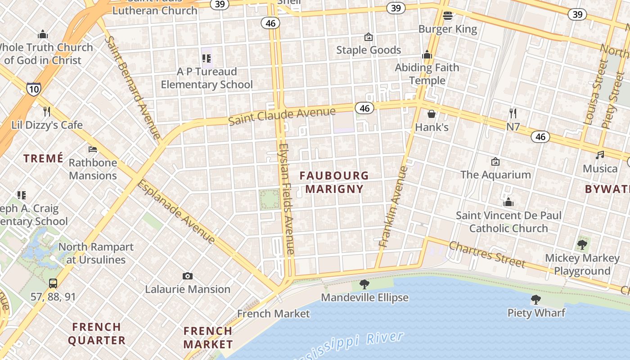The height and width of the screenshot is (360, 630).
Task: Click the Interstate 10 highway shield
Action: pos(33,89)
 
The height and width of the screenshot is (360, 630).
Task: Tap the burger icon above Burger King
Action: pos(447,16)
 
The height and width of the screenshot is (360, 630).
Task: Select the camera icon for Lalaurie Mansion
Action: pos(188,276)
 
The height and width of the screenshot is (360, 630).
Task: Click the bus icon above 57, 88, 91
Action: pos(53,283)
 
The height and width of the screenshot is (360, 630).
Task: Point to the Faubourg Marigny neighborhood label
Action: pos(334,182)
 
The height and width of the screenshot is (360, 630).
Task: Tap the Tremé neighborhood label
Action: pos(43,158)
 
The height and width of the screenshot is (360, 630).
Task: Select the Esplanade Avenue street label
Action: pos(176,211)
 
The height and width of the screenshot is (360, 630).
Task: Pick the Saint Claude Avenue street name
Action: pos(282,116)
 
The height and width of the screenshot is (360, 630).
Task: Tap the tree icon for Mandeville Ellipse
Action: pos(364,284)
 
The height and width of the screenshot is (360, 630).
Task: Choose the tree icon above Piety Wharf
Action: pos(535,300)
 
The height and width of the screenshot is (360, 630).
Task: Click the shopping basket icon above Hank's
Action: pos(432,114)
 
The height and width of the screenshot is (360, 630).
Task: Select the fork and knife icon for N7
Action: pos(513,113)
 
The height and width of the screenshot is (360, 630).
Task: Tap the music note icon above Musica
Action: pos(600,155)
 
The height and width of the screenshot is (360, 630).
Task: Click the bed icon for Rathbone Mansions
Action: pos(93,149)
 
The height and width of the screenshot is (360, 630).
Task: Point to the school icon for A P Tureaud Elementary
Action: pos(207,58)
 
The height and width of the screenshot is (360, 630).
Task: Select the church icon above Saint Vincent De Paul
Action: pos(508,202)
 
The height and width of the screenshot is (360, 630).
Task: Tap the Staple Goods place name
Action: pos(369,50)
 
